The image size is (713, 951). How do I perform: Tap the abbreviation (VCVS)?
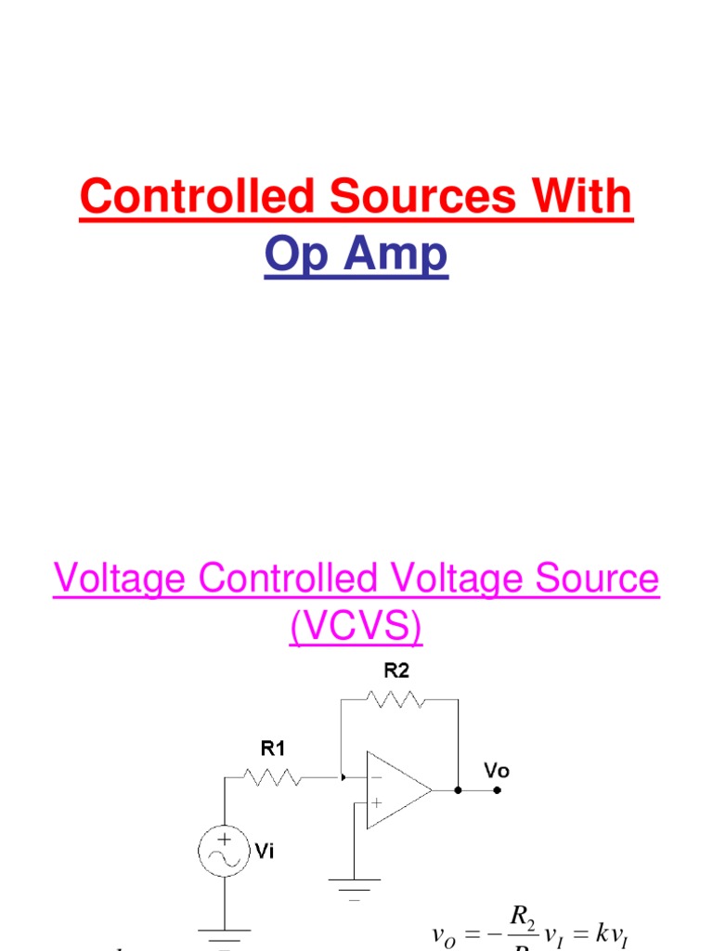356,629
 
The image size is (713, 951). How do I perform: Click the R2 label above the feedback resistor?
396,671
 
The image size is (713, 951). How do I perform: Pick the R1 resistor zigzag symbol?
271,776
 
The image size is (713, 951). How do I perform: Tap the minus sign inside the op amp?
376,778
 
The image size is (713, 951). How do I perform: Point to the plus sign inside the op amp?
376,801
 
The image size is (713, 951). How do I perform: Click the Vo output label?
497,771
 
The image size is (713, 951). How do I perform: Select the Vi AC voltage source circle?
224,850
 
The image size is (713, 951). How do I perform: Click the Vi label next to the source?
265,851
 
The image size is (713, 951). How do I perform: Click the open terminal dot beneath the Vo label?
498,790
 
